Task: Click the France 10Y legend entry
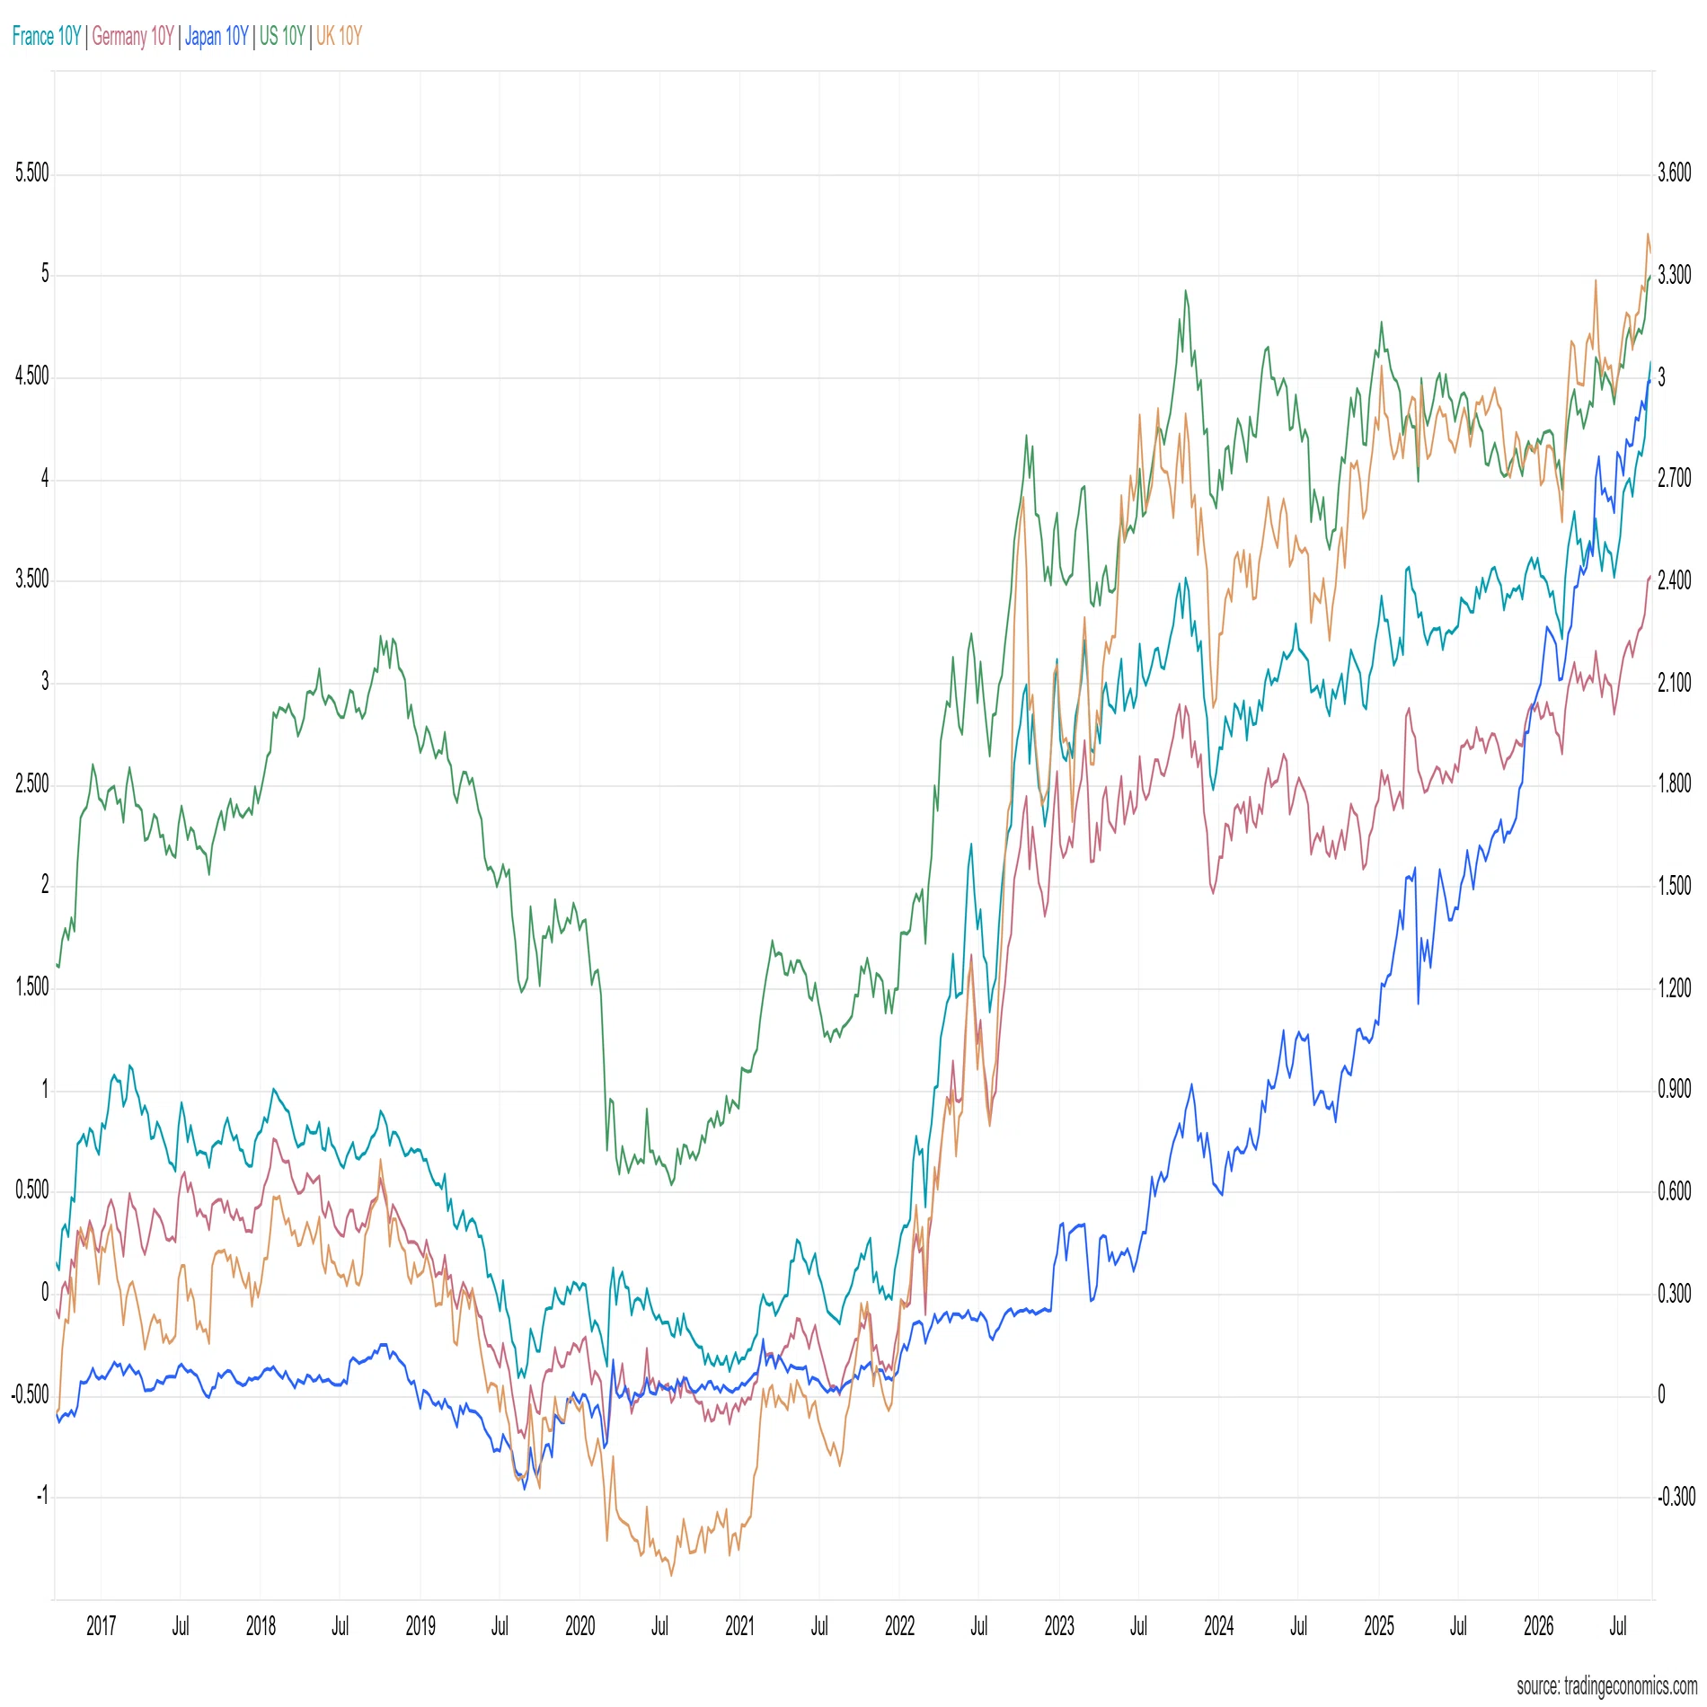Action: (47, 36)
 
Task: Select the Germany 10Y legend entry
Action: (133, 36)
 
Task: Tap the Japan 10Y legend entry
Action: (217, 36)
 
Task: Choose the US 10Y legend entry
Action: (282, 36)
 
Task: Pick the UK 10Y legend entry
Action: (339, 36)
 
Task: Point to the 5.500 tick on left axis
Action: (32, 172)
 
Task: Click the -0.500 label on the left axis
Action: (31, 1394)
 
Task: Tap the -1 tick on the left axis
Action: (42, 1496)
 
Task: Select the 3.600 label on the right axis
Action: (1675, 172)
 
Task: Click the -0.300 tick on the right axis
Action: (1676, 1496)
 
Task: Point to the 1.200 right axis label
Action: (1675, 988)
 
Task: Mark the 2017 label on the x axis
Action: (102, 1625)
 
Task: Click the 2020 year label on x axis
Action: (580, 1625)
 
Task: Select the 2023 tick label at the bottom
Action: (1059, 1625)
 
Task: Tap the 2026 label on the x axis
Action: (1539, 1625)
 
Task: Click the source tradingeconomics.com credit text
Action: (1606, 1685)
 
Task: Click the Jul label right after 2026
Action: (1618, 1625)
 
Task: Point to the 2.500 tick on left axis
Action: (32, 783)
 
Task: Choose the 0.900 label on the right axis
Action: (1675, 1090)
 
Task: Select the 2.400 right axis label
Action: (1675, 580)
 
